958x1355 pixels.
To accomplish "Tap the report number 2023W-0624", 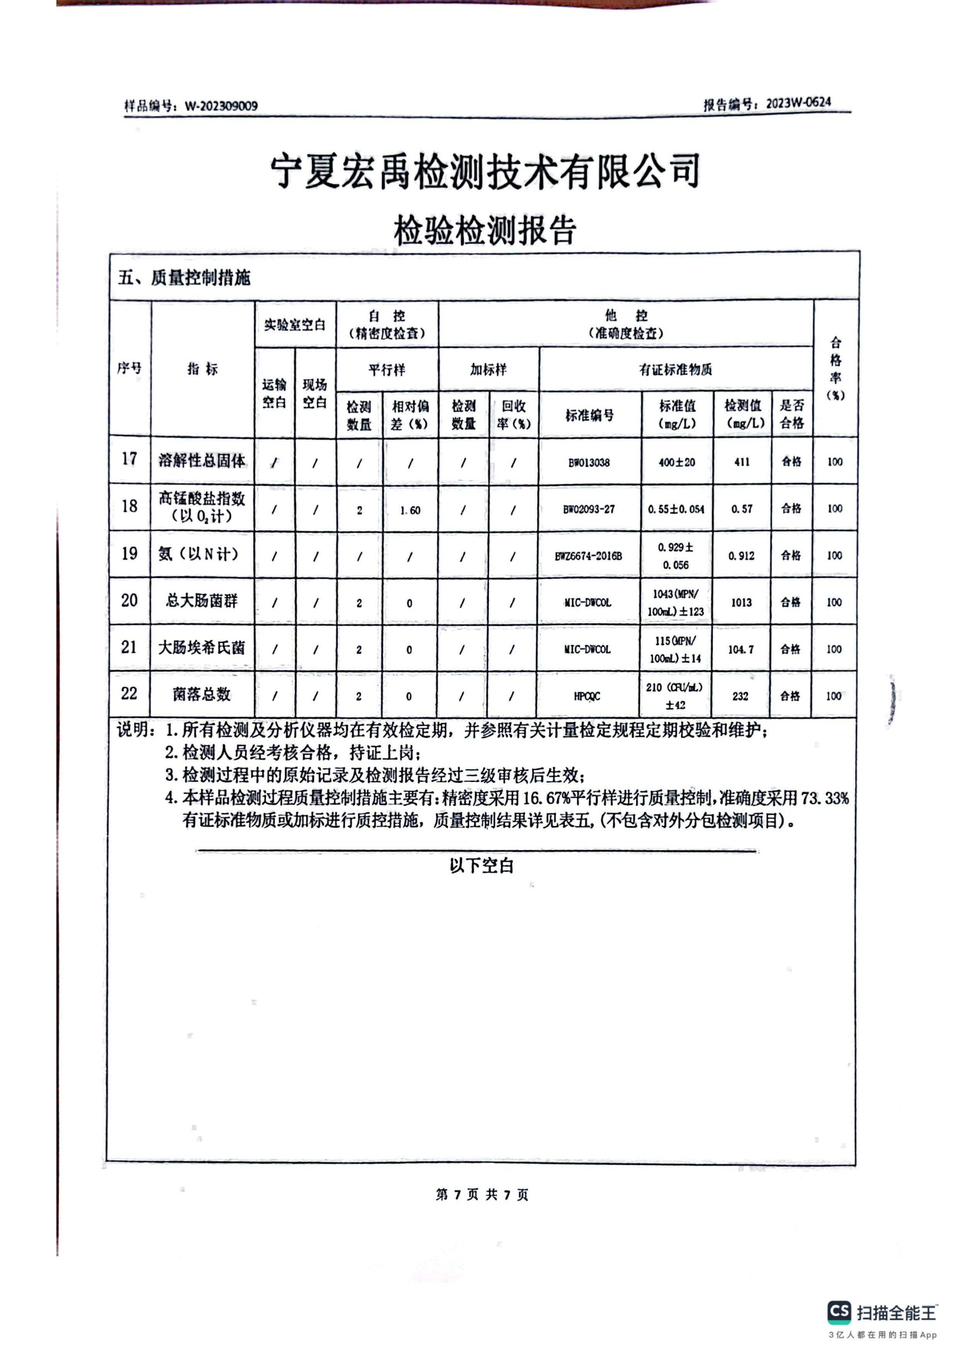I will [798, 103].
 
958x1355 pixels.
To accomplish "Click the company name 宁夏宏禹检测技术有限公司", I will [485, 171].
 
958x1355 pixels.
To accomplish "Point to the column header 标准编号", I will [589, 415].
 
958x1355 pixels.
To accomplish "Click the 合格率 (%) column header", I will [835, 368].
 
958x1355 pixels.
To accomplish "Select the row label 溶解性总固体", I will [202, 461].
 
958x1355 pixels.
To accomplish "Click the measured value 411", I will [742, 462].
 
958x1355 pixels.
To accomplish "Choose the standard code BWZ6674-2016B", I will [588, 556].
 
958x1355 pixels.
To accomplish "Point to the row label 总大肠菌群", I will [202, 601].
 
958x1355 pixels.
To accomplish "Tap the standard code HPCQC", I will [587, 696].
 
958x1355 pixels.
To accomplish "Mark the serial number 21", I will [129, 648].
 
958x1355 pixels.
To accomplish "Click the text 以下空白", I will [482, 866].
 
